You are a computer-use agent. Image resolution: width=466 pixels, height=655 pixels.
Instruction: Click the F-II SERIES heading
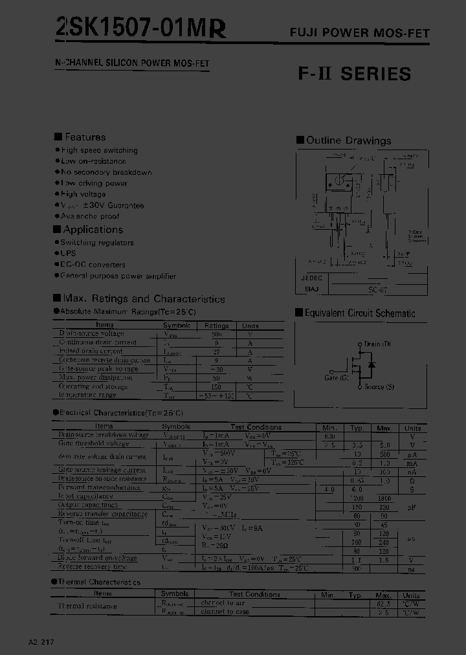[x=354, y=74]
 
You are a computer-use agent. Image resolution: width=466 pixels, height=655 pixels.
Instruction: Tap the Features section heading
[x=85, y=137]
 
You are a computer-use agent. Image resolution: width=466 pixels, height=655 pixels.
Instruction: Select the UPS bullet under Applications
[x=68, y=254]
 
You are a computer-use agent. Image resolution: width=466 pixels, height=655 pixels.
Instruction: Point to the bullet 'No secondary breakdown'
[x=106, y=172]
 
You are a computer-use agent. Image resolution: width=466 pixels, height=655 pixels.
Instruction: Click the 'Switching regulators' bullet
[x=97, y=243]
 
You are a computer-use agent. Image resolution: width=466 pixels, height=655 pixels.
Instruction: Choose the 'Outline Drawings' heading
[x=348, y=140]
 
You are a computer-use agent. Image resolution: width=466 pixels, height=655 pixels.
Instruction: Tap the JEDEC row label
[x=311, y=278]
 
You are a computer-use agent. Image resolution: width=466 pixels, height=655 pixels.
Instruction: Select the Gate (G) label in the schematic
[x=335, y=377]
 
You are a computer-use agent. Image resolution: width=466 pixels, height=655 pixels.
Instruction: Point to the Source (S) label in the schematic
[x=379, y=387]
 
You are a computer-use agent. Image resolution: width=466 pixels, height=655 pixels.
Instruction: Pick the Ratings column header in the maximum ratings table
[x=217, y=326]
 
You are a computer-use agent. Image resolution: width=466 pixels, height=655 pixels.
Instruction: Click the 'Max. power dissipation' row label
[x=95, y=377]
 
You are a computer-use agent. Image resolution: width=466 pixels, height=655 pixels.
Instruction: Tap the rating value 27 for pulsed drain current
[x=217, y=351]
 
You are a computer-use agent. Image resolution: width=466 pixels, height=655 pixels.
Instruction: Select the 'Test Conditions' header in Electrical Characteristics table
[x=256, y=427]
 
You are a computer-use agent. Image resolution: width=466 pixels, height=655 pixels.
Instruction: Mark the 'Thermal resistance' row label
[x=88, y=606]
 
